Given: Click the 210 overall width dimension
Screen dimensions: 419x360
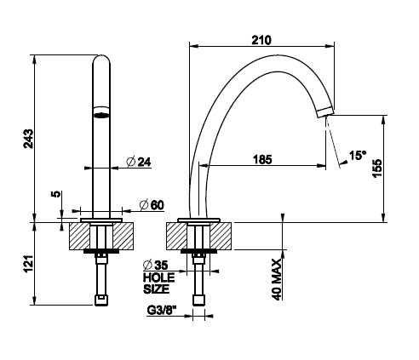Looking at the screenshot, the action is tap(261, 40).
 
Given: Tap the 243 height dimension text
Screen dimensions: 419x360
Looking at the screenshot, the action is tap(29, 139).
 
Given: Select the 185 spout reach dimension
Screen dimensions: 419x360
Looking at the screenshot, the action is tap(262, 159).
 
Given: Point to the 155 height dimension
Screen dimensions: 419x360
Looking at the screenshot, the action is tap(377, 169).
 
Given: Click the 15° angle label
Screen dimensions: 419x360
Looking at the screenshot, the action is tap(358, 156).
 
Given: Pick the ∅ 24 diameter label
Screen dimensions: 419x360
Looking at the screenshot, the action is tap(139, 162).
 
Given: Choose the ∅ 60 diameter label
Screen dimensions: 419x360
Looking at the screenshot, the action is tap(152, 205).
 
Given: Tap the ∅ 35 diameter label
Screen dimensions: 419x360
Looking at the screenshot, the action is tap(156, 265).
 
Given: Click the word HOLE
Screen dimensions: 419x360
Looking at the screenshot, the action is tap(158, 277).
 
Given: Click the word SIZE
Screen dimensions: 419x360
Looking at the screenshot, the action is tap(156, 289).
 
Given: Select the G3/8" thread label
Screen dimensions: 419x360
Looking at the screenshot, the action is tap(162, 311).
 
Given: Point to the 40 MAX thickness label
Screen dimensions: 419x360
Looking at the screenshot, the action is tap(277, 279).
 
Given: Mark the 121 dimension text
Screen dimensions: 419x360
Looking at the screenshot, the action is tap(29, 264).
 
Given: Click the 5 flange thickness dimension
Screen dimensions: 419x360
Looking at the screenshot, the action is tap(56, 194).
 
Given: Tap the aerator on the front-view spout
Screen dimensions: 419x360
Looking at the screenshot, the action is tap(101, 111).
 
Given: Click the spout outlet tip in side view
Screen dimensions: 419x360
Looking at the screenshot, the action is tap(325, 111).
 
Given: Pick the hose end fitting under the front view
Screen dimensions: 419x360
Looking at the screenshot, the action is tap(101, 300).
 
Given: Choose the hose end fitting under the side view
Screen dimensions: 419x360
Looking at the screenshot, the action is tap(198, 300).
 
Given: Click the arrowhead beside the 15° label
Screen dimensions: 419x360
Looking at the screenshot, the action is tap(344, 163).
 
